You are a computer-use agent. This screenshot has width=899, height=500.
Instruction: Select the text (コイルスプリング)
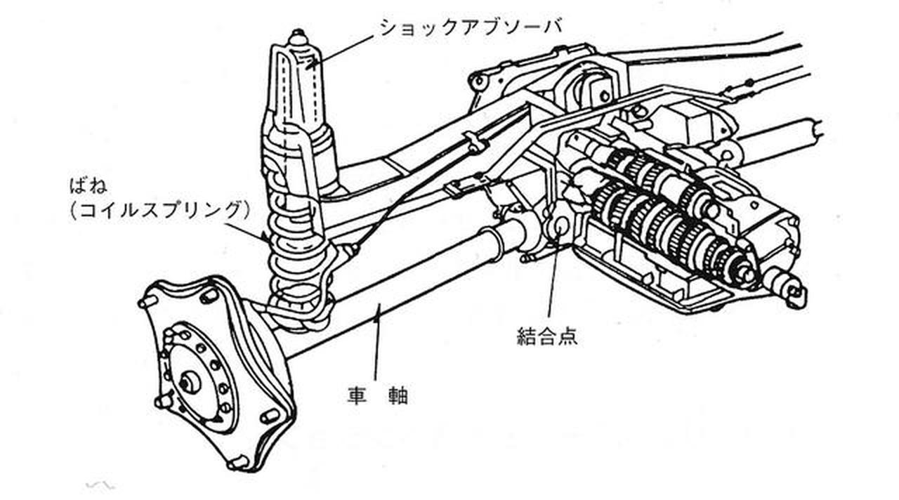click(x=161, y=209)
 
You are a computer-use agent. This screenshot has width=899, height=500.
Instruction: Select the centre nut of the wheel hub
click(x=188, y=383)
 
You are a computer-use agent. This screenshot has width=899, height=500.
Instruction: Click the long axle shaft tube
click(x=393, y=295)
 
